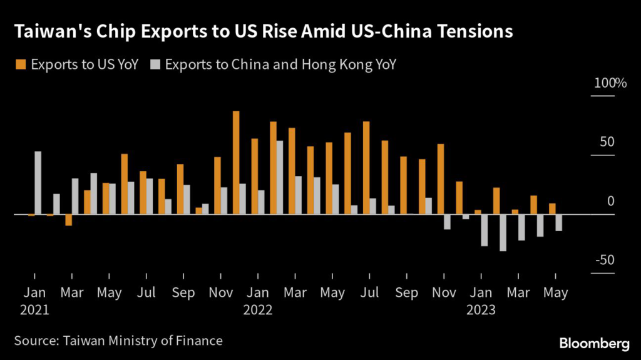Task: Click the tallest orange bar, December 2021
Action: (x=236, y=163)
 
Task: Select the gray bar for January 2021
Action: (x=38, y=183)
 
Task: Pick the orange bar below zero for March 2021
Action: (x=69, y=220)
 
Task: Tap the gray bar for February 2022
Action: (x=280, y=178)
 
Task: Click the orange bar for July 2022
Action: (x=366, y=168)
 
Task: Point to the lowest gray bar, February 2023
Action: (x=503, y=233)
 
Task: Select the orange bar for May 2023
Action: (x=552, y=209)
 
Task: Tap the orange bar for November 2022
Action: (x=441, y=179)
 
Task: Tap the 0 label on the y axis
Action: (x=612, y=202)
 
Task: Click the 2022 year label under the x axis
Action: (x=259, y=309)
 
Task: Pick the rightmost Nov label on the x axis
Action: (x=444, y=292)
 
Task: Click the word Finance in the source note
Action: (x=201, y=341)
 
